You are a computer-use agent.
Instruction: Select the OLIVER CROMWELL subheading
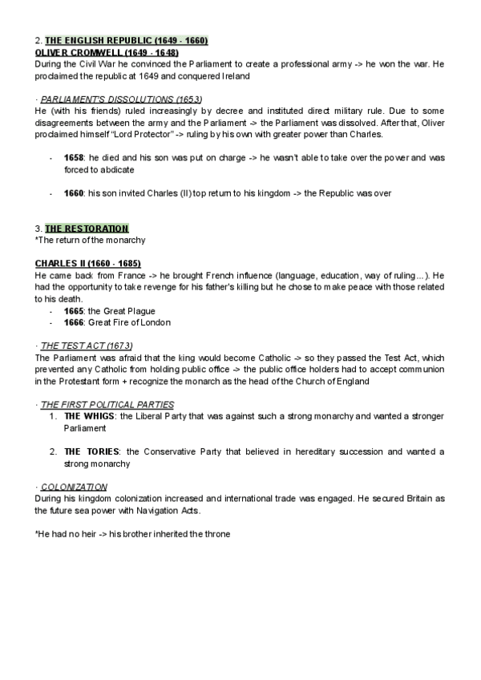(107, 52)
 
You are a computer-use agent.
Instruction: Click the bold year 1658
(74, 158)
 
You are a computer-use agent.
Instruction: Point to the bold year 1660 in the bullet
(74, 194)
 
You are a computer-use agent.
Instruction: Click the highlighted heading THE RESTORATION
(87, 229)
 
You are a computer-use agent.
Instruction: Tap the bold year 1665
(74, 310)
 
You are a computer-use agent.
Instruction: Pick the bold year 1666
(74, 322)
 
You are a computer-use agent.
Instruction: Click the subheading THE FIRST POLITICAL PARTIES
(107, 403)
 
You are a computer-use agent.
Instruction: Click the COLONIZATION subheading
(74, 487)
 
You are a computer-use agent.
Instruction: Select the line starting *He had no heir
(132, 533)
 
